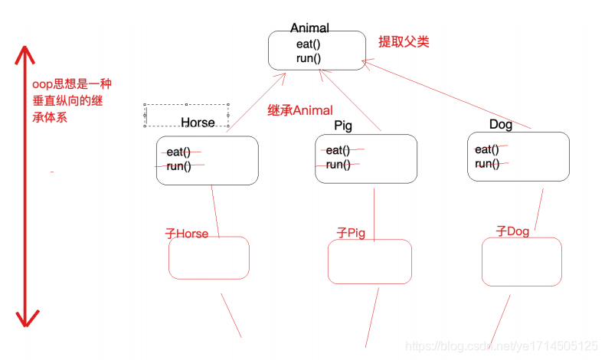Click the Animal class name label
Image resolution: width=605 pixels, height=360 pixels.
point(309,28)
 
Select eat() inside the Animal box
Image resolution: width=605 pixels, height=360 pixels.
point(309,44)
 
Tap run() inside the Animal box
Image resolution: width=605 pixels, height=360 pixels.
point(309,57)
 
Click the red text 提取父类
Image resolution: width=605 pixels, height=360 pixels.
point(404,41)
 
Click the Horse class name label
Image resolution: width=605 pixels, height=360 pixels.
point(198,123)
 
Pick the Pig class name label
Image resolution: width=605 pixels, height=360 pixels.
point(343,125)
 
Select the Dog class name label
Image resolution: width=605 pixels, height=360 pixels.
point(500,124)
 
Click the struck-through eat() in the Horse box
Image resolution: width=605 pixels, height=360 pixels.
point(178,152)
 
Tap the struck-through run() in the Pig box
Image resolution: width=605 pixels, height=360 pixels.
point(338,165)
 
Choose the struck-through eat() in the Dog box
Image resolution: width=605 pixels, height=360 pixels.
point(486,149)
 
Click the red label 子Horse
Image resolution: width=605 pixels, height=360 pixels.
point(187,234)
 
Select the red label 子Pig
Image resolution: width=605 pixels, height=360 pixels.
point(352,232)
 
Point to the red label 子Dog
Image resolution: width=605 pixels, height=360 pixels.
point(512,231)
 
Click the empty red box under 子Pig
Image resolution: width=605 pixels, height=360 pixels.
point(370,262)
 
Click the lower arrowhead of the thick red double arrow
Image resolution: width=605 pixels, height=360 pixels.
point(28,318)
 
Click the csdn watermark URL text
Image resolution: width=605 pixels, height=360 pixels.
point(501,346)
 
